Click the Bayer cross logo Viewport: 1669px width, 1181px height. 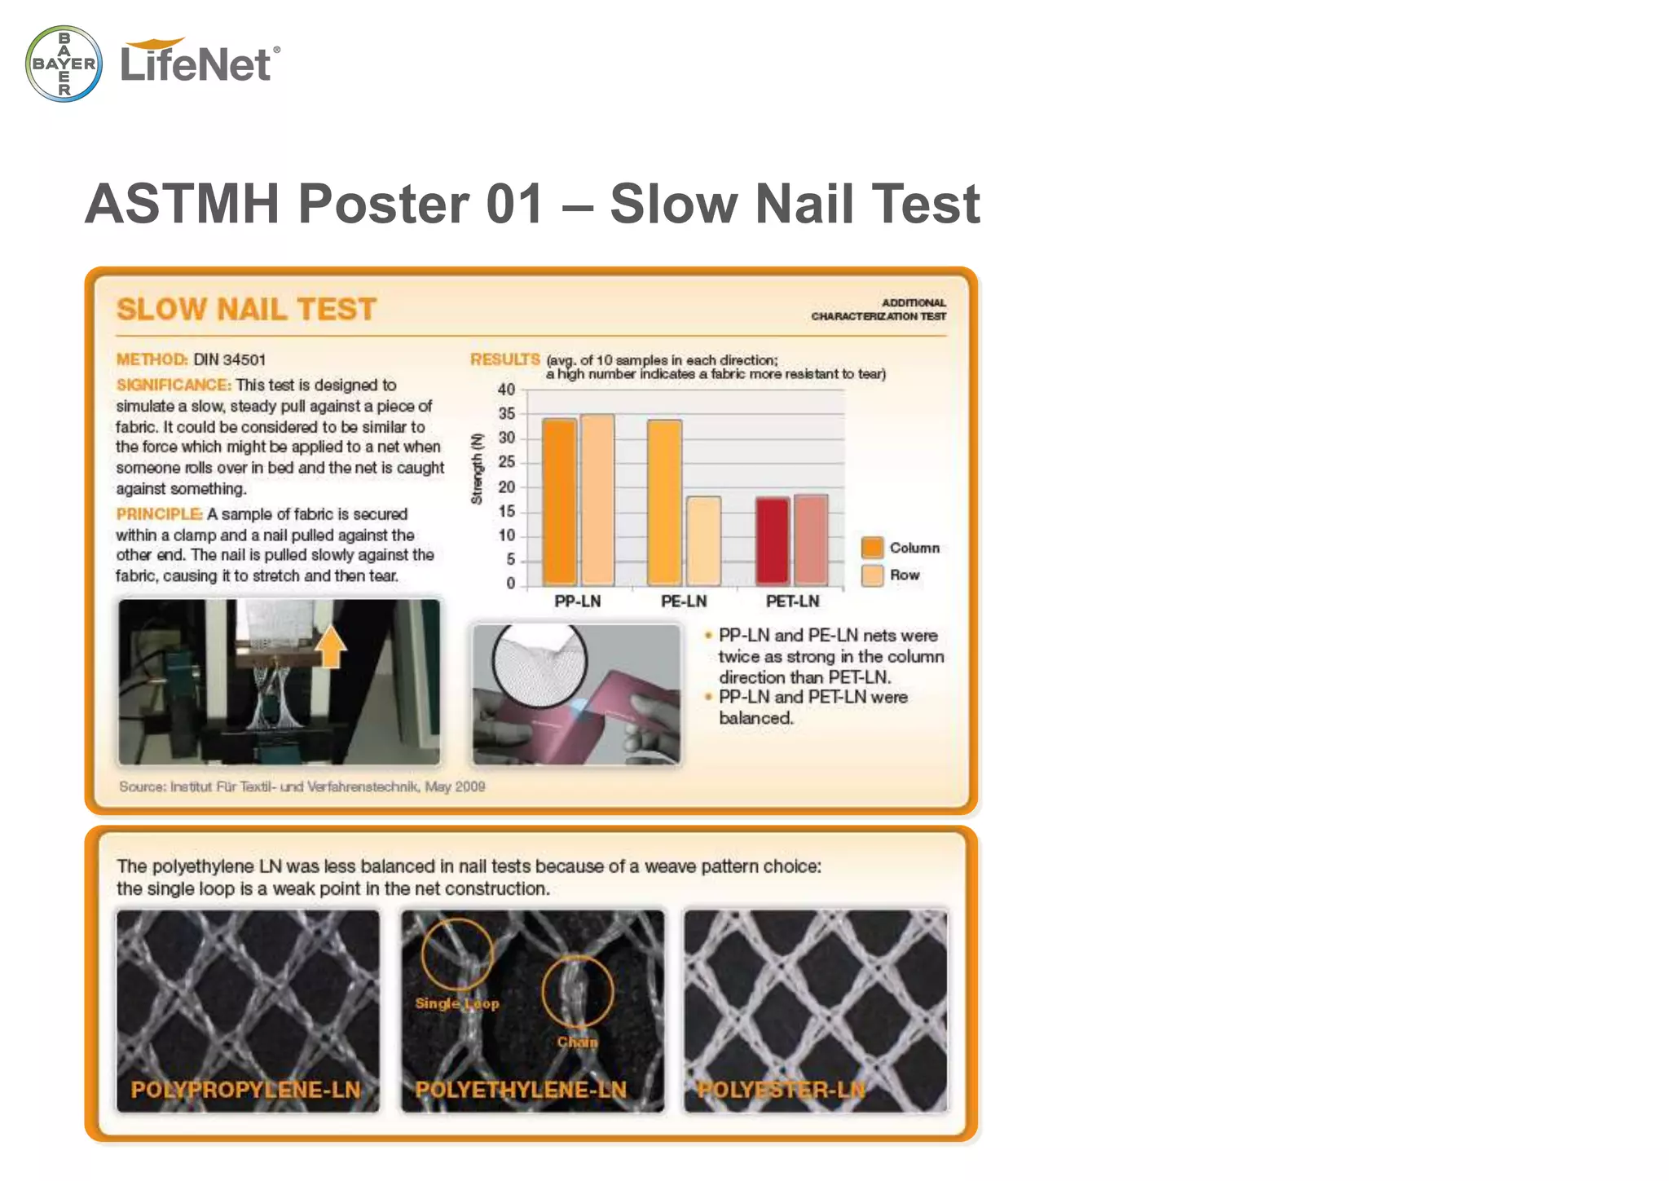pos(64,64)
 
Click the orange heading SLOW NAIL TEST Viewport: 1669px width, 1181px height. pos(246,310)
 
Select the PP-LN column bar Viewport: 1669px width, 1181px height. pos(559,501)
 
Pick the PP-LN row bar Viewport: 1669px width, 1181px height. pos(597,500)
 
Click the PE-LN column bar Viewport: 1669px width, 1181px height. pos(664,502)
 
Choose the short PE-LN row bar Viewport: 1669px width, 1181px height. pos(703,540)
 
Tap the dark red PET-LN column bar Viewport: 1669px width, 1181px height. pos(772,540)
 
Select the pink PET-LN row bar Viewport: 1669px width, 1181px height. pos(811,539)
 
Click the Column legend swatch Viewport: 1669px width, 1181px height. pos(872,548)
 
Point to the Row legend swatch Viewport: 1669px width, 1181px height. pos(872,575)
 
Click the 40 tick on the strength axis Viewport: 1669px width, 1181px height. pos(506,390)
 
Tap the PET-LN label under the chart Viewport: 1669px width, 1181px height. pos(792,602)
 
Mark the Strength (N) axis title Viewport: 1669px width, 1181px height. pos(478,469)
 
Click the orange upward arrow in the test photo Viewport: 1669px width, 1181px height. pos(331,648)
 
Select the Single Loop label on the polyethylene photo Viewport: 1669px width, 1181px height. pos(456,1003)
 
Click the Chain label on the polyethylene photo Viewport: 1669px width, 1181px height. pos(577,1042)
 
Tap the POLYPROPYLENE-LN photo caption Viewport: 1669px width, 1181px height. pos(245,1090)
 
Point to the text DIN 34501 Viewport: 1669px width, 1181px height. pos(229,360)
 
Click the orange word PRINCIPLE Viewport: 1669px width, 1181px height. pos(159,514)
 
